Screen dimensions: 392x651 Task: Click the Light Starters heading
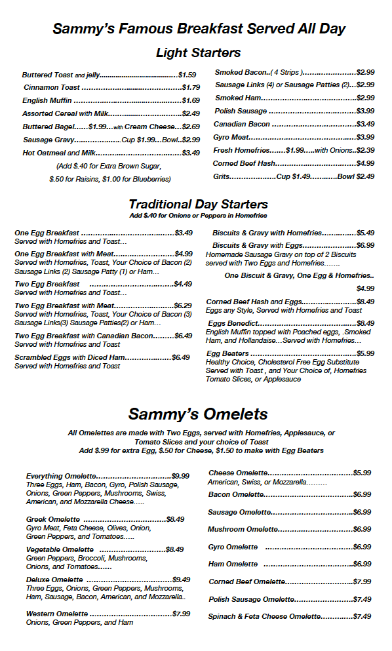coord(198,52)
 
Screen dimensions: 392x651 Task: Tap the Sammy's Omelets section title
coord(198,414)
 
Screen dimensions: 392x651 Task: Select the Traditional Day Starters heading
coord(198,204)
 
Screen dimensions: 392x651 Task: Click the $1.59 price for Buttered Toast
coord(187,75)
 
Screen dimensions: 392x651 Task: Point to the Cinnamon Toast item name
coord(52,87)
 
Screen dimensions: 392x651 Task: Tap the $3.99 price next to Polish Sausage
coord(365,111)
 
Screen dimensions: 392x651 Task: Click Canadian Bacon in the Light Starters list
coord(242,124)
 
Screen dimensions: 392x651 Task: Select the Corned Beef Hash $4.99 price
coord(365,163)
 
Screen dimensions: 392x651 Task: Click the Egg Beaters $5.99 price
coord(365,353)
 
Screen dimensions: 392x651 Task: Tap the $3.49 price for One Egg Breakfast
coord(184,233)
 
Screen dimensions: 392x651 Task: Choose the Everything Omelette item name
coord(61,476)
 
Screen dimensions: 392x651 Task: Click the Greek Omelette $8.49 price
coord(175,519)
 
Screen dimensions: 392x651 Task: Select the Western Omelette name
coord(57,614)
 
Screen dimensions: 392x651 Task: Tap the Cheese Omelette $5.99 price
coord(362,473)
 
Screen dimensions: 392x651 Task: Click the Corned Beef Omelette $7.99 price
coord(362,582)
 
